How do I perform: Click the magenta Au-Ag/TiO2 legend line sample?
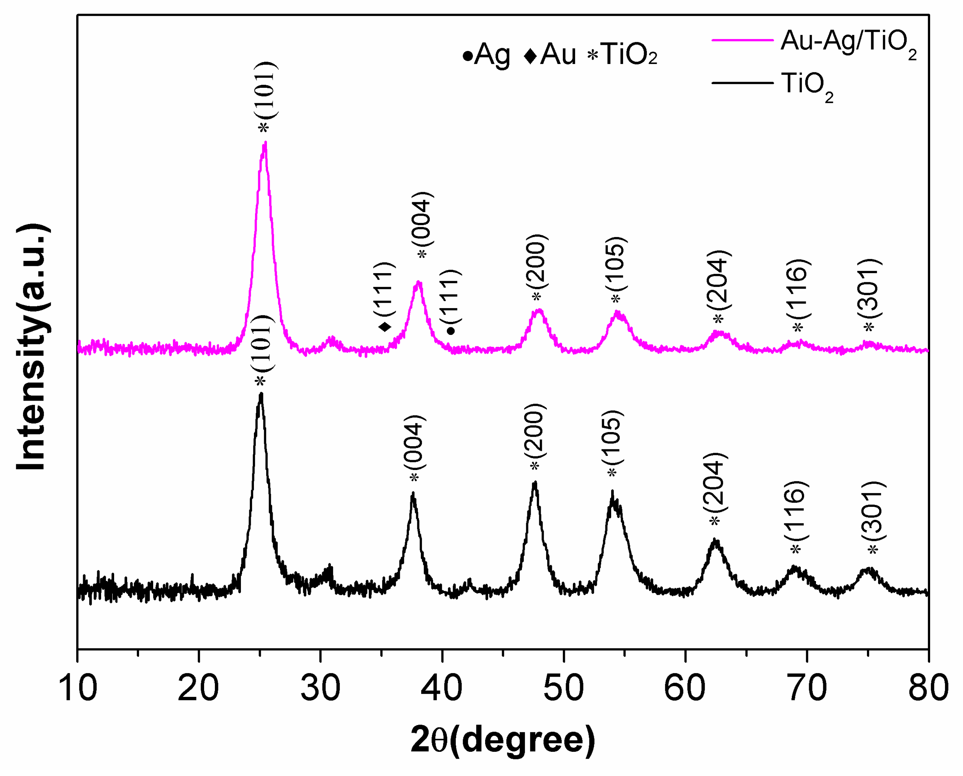[742, 40]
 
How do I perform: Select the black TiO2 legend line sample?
[742, 83]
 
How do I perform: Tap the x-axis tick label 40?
[441, 688]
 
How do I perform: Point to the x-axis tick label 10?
[78, 688]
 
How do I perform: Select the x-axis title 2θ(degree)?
[503, 740]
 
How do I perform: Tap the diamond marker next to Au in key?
[530, 56]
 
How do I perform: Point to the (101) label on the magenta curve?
[267, 90]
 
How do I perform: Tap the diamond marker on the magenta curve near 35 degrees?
[385, 327]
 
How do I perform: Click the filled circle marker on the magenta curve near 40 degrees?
[451, 331]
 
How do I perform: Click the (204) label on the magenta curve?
[718, 280]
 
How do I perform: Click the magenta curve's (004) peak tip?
[419, 282]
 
